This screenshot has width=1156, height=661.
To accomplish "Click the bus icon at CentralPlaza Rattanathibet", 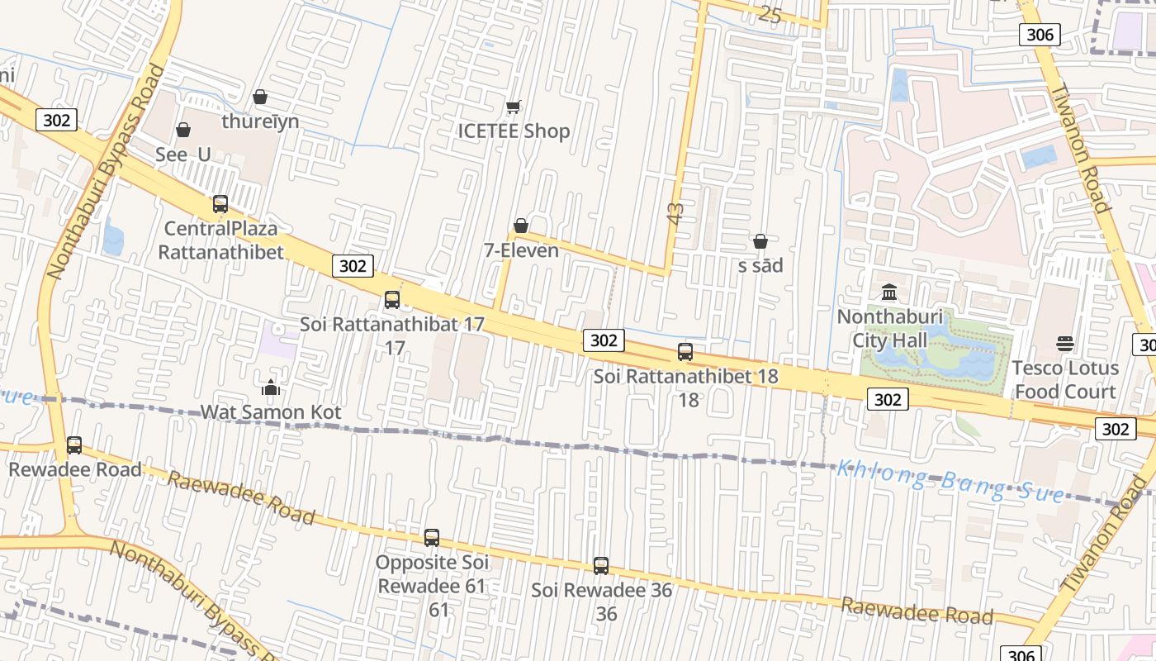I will pyautogui.click(x=220, y=203).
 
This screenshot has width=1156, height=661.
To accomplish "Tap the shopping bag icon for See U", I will pyautogui.click(x=183, y=130).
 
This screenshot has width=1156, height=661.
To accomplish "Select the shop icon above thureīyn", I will pyautogui.click(x=260, y=97).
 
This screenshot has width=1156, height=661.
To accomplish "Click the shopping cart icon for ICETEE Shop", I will pyautogui.click(x=514, y=107).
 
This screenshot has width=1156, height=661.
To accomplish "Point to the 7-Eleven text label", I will pyautogui.click(x=521, y=250).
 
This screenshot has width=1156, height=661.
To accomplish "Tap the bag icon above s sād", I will pyautogui.click(x=760, y=241).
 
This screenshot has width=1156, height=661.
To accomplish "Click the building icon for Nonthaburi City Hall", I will pyautogui.click(x=889, y=292).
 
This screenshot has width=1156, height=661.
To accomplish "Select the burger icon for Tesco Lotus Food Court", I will pyautogui.click(x=1065, y=344).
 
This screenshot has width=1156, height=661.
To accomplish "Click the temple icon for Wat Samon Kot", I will pyautogui.click(x=271, y=387).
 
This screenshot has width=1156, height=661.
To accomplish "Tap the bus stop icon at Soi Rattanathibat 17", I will pyautogui.click(x=392, y=299).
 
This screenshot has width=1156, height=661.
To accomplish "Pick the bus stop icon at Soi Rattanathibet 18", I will pyautogui.click(x=685, y=351).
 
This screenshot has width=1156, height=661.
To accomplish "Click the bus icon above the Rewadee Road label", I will pyautogui.click(x=74, y=445).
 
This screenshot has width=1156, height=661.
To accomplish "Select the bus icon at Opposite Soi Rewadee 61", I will pyautogui.click(x=432, y=538).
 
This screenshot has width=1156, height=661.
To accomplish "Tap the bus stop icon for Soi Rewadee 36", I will pyautogui.click(x=601, y=566).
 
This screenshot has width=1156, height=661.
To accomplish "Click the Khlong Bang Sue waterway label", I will pyautogui.click(x=950, y=482).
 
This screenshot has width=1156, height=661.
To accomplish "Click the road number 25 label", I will pyautogui.click(x=770, y=14).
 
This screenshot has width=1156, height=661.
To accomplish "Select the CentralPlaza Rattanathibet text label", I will pyautogui.click(x=220, y=240).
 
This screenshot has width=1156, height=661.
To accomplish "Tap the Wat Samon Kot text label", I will pyautogui.click(x=271, y=412).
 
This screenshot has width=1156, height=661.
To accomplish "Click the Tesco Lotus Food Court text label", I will pyautogui.click(x=1065, y=379).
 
